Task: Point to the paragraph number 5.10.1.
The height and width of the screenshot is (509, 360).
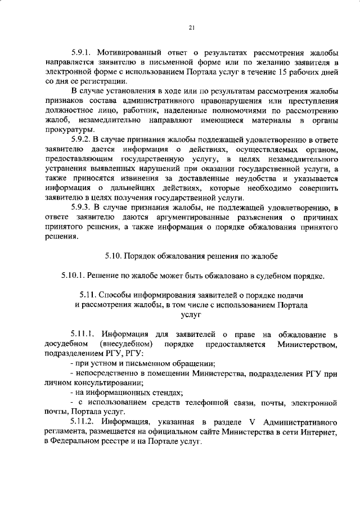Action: (x=75, y=276)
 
